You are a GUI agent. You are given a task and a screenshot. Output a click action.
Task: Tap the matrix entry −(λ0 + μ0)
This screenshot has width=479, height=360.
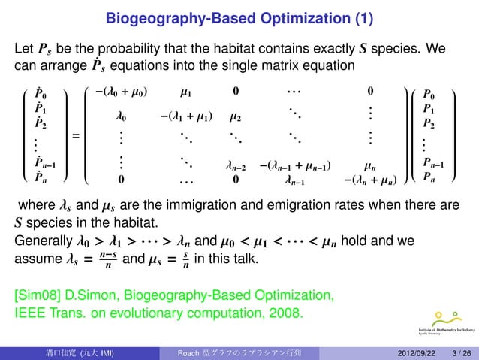pos(122,92)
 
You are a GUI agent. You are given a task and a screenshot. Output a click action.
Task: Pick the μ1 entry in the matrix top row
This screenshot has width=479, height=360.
pos(187,92)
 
